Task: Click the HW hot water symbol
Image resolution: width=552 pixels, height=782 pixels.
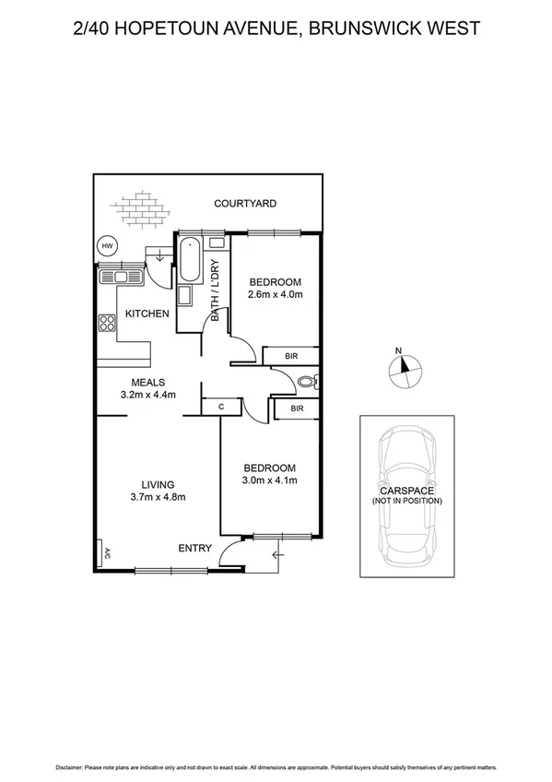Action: pyautogui.click(x=108, y=246)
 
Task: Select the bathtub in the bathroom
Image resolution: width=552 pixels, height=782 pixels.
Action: pyautogui.click(x=192, y=261)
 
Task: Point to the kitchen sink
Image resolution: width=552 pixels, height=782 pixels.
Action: pyautogui.click(x=118, y=275)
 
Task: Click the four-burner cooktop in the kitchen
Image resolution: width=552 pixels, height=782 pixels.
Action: pyautogui.click(x=106, y=323)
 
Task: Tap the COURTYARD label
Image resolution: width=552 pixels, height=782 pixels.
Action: pyautogui.click(x=245, y=204)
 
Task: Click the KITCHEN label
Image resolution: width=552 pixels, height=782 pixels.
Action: pyautogui.click(x=147, y=314)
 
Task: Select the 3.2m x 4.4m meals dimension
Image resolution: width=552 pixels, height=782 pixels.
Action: pyautogui.click(x=147, y=395)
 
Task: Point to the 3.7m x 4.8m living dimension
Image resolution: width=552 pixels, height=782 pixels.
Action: pyautogui.click(x=158, y=497)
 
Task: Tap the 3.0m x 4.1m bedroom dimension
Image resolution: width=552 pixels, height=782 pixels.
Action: pyautogui.click(x=269, y=480)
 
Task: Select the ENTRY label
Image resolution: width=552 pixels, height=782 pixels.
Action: pyautogui.click(x=194, y=549)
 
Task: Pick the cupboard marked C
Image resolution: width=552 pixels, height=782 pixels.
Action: pyautogui.click(x=221, y=406)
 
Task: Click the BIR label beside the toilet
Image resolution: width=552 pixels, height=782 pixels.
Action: pyautogui.click(x=297, y=408)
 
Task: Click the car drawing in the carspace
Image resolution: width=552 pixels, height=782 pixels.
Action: pyautogui.click(x=407, y=498)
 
